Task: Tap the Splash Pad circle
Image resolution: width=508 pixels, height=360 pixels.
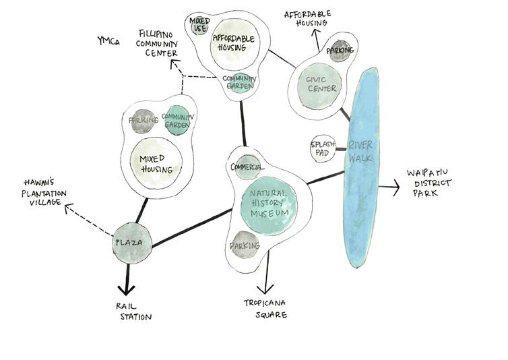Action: coord(320,150)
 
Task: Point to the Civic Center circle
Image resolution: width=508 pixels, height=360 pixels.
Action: coord(320,84)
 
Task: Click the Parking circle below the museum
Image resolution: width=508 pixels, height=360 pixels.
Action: coord(245,247)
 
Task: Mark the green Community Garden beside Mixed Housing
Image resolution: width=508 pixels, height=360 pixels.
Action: coord(179,121)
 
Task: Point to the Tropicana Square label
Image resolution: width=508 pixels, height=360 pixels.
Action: coord(265,309)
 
